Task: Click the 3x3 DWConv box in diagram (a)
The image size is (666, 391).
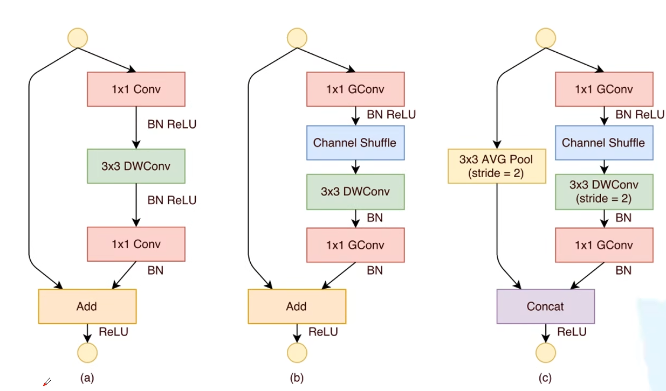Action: click(x=136, y=166)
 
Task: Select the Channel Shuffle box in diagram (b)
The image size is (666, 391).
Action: click(x=355, y=143)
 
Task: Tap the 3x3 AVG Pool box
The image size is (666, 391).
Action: click(x=497, y=166)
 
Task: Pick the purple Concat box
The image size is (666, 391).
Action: click(x=545, y=306)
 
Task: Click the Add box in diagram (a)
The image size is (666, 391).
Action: click(x=87, y=306)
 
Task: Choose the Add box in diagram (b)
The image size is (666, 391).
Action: click(x=297, y=306)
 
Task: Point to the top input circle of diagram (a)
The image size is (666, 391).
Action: click(x=77, y=38)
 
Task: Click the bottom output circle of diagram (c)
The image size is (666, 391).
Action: click(x=545, y=353)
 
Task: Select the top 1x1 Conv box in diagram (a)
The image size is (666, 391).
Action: click(x=136, y=89)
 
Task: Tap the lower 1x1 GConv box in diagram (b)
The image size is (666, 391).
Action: click(x=355, y=245)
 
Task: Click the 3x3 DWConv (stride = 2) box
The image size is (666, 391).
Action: click(x=604, y=192)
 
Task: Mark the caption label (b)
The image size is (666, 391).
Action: click(x=297, y=378)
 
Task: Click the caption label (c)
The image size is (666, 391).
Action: click(x=545, y=378)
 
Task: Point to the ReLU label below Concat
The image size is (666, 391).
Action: click(x=572, y=332)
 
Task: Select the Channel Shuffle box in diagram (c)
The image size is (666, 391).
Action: click(x=604, y=143)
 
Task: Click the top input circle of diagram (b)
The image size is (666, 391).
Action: click(x=297, y=38)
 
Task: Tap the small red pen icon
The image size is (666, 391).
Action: click(x=47, y=382)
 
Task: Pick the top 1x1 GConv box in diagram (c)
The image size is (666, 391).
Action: click(x=604, y=89)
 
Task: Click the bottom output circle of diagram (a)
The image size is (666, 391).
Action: click(x=87, y=353)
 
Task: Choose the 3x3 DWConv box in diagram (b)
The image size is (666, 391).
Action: click(x=355, y=191)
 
